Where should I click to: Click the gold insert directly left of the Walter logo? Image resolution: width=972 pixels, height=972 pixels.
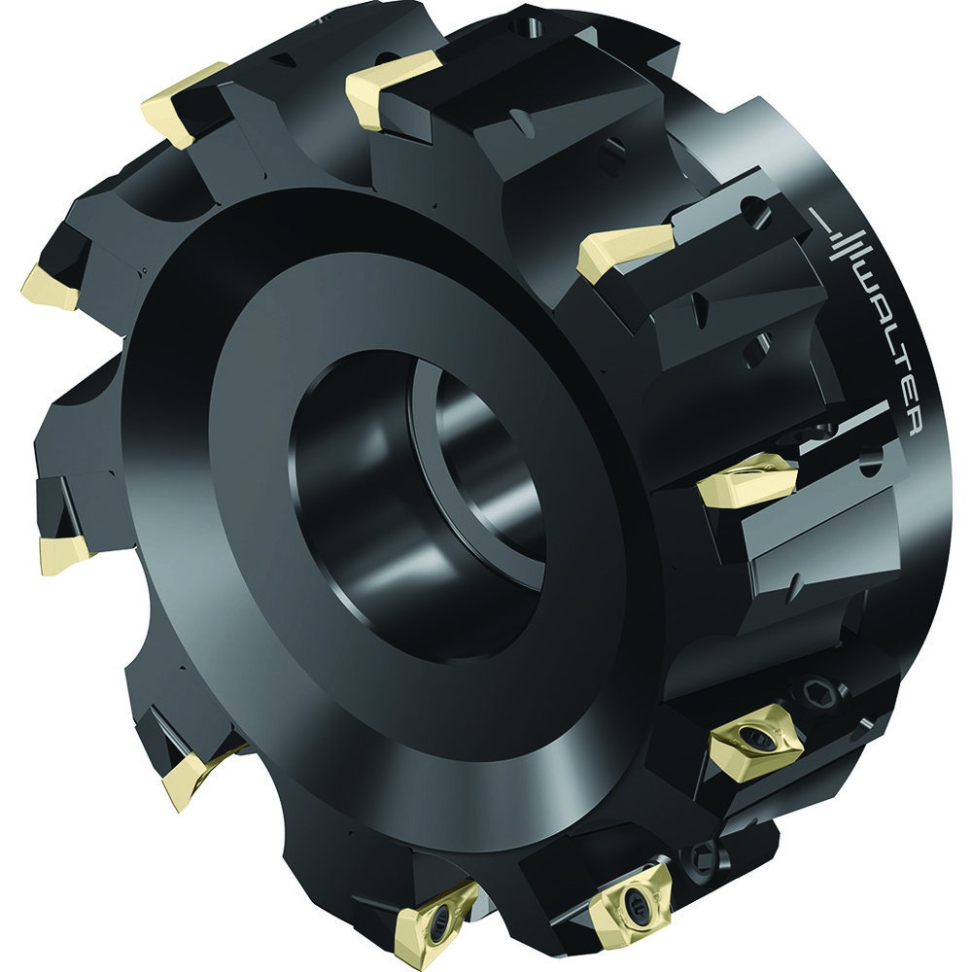pyautogui.click(x=623, y=251)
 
